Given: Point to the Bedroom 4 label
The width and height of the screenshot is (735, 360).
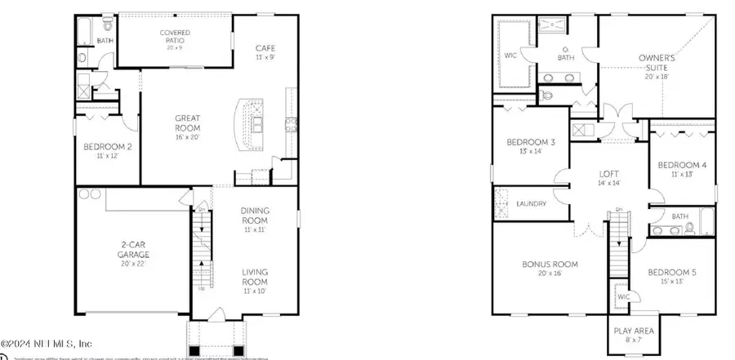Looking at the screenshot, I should [682, 169].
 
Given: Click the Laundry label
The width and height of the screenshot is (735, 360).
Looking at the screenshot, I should [531, 203].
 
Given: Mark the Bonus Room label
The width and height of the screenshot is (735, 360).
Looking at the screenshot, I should [550, 269].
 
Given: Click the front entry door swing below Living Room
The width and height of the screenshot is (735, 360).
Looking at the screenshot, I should [216, 315].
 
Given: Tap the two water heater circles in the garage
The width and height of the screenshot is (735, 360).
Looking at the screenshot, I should [91, 194].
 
